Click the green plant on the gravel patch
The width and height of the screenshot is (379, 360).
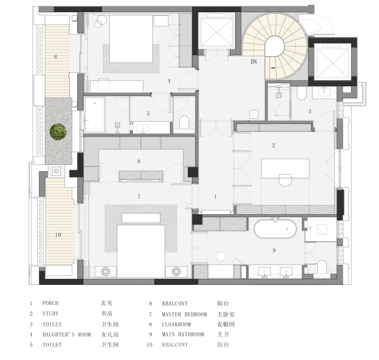[58, 132]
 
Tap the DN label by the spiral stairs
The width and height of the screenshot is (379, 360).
[253, 62]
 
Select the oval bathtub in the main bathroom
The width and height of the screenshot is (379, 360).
[275, 229]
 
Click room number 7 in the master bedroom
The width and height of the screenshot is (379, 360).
[139, 197]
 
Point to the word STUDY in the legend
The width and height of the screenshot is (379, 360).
[50, 314]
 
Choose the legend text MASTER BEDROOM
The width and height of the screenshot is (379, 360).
[184, 314]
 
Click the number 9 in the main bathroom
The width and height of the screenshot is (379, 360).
[274, 251]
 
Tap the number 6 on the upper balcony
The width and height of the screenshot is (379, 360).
[56, 57]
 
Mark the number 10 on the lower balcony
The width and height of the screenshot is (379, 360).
[58, 235]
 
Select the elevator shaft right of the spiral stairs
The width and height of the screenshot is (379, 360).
[333, 61]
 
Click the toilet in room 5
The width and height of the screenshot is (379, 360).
[184, 123]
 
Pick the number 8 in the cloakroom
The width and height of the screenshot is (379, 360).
[139, 161]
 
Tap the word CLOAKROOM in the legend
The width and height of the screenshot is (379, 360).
[176, 325]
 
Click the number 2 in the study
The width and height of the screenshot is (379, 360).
[273, 145]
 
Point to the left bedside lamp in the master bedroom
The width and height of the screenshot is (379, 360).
[106, 272]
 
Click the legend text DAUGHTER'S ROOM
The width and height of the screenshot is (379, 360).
[67, 335]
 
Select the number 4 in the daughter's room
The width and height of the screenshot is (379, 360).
[169, 81]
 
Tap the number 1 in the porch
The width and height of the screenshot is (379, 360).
[215, 197]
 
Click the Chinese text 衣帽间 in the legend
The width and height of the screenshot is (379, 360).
[226, 324]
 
